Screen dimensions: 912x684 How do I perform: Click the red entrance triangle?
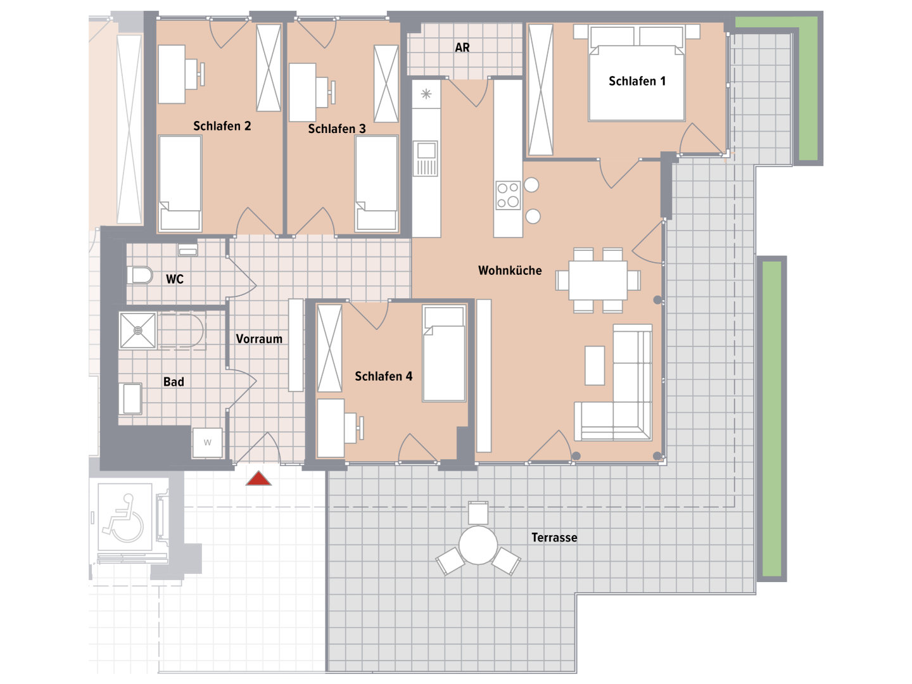click(x=258, y=478)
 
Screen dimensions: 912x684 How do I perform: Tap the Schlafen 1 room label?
click(x=637, y=81)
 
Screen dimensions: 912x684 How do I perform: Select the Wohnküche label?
click(x=510, y=270)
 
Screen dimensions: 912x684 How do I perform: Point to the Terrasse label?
click(x=554, y=538)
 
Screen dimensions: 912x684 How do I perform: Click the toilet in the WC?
click(x=139, y=275)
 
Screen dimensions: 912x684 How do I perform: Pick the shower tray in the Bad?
click(x=137, y=331)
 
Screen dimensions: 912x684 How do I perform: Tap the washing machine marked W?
click(x=207, y=443)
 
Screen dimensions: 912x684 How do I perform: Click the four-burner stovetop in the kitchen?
click(x=508, y=195)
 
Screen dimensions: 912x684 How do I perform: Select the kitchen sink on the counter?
click(x=426, y=158)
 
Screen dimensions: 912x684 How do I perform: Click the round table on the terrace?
click(x=478, y=545)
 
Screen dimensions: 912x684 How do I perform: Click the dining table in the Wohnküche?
click(x=598, y=281)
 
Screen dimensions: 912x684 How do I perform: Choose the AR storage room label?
click(x=462, y=47)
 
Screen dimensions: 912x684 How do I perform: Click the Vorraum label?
click(x=259, y=339)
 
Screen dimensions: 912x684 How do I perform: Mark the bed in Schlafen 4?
click(x=444, y=353)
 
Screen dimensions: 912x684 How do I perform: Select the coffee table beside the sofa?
click(x=595, y=365)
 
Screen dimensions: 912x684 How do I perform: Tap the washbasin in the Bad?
click(x=130, y=399)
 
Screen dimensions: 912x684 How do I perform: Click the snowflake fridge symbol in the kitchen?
click(x=426, y=94)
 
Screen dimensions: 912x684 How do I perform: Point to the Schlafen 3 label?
click(x=336, y=129)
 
